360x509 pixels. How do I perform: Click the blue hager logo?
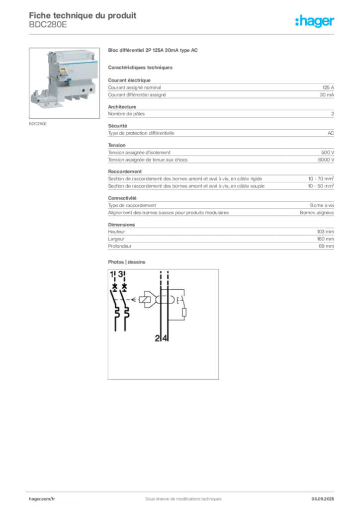tap(315, 22)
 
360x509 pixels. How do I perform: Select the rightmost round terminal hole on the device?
tap(91, 89)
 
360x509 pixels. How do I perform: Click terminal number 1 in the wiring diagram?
tap(111, 274)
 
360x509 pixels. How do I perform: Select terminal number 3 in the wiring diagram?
tap(121, 274)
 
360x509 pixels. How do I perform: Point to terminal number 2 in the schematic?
tap(157, 339)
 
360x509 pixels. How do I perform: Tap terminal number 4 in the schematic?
tap(165, 339)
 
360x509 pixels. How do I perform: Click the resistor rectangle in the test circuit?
tap(184, 313)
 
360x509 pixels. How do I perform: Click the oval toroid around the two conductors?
tap(165, 300)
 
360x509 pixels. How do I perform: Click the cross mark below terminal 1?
tap(115, 287)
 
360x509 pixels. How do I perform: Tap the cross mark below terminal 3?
tap(124, 287)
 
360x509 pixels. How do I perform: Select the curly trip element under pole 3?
tap(127, 314)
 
